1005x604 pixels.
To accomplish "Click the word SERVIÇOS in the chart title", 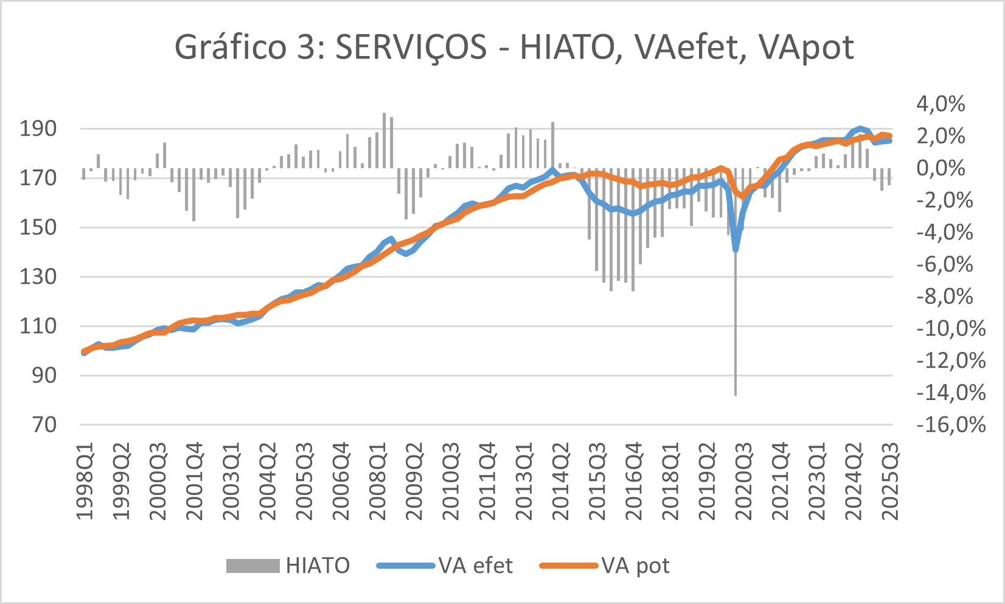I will [411, 47].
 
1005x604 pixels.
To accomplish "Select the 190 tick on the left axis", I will [38, 129].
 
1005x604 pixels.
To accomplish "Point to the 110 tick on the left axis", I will [38, 326].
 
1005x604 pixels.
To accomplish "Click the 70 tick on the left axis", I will [44, 424].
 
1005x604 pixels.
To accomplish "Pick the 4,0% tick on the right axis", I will [941, 104].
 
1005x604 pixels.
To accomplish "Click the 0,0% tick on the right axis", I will [941, 168].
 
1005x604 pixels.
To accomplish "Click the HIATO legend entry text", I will [318, 566].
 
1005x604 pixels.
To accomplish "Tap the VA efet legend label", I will [476, 566].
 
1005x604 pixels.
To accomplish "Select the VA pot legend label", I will [635, 566].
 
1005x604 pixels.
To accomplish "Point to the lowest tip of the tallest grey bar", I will [735, 395].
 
